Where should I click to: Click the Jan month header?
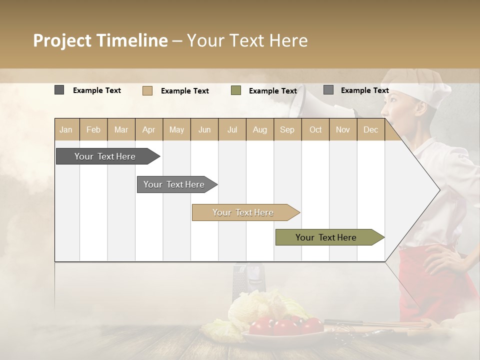click(66, 129)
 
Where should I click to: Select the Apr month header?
click(148, 129)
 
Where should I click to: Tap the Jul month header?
click(232, 129)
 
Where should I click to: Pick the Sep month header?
click(287, 129)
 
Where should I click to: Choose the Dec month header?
click(370, 129)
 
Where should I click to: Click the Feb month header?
click(93, 129)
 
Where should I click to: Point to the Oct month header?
click(315, 129)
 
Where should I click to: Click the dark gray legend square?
click(59, 90)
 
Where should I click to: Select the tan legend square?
click(147, 90)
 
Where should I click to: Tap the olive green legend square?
click(236, 90)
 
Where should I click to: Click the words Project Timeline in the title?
click(100, 40)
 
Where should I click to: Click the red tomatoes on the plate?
click(285, 326)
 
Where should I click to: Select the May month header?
click(176, 129)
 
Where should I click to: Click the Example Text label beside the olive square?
click(273, 90)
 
